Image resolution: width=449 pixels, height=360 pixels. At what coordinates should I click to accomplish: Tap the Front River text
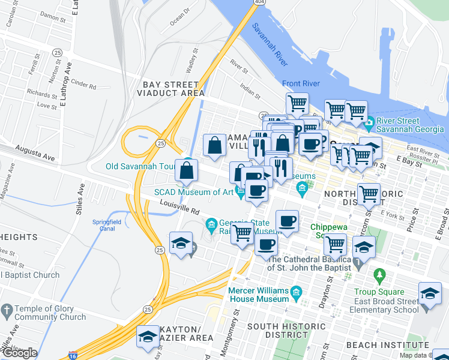click(301, 83)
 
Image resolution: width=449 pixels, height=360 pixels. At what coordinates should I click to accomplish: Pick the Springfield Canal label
click(106, 225)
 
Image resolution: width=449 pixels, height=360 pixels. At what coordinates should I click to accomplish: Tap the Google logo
click(19, 353)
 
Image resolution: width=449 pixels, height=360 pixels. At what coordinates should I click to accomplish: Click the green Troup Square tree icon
click(379, 275)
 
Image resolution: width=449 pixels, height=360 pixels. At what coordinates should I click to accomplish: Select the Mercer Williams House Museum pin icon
click(295, 293)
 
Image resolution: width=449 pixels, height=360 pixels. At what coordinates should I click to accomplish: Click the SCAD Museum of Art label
click(193, 193)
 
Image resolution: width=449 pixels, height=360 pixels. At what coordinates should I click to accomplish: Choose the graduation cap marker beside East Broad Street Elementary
click(430, 294)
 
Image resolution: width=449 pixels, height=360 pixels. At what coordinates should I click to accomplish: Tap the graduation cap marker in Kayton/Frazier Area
click(148, 338)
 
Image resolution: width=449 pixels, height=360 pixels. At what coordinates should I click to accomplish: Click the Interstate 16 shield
click(73, 355)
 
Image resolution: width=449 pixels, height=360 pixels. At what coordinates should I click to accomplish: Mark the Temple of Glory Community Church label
click(50, 313)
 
